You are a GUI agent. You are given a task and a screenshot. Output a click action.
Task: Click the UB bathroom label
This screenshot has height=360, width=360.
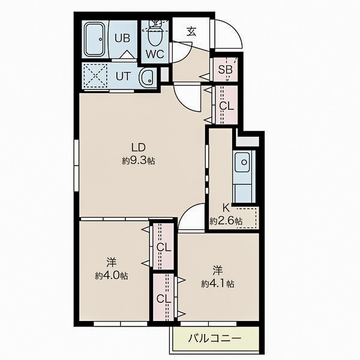pyautogui.click(x=122, y=38)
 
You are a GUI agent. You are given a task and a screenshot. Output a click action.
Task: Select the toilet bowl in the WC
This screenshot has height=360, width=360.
pyautogui.click(x=155, y=35)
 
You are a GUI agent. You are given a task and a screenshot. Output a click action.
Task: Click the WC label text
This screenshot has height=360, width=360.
pyautogui.click(x=155, y=54)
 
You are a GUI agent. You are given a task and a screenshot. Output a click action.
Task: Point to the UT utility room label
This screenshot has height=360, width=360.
pyautogui.click(x=123, y=76)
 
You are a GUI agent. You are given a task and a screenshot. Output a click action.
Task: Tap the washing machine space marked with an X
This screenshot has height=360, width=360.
pyautogui.click(x=95, y=76)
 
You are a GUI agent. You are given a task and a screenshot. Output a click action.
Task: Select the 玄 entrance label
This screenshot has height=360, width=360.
pyautogui.click(x=191, y=32)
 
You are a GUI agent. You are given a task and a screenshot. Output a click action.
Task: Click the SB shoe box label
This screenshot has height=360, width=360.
pyautogui.click(x=225, y=69)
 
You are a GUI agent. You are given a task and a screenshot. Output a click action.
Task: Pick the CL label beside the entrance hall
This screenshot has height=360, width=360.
pyautogui.click(x=226, y=106)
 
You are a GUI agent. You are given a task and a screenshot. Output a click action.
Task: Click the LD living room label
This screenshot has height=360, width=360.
pyautogui.click(x=139, y=148)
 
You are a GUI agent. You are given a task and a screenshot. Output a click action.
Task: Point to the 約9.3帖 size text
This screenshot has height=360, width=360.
pyautogui.click(x=138, y=161)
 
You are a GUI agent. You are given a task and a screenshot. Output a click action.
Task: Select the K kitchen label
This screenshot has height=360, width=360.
pyautogui.click(x=226, y=208)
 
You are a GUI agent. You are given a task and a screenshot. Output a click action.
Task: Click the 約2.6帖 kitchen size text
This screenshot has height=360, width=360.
pyautogui.click(x=226, y=221)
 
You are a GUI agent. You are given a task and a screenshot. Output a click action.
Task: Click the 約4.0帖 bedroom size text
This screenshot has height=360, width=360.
pyautogui.click(x=112, y=275)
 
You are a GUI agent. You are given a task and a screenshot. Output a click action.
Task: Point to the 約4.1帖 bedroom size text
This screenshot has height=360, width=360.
pyautogui.click(x=218, y=284)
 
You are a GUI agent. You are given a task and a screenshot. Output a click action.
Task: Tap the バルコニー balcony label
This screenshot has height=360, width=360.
pyautogui.click(x=215, y=338)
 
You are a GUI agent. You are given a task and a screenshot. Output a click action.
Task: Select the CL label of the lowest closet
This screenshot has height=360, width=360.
pyautogui.click(x=164, y=299)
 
